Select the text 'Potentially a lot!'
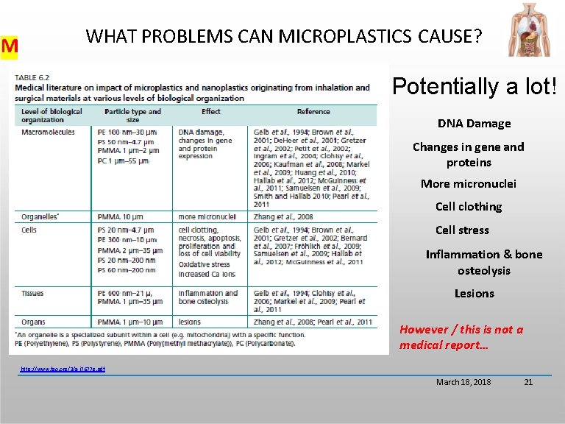coord(475,86)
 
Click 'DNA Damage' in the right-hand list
coord(474,124)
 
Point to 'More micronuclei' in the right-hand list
coord(469,183)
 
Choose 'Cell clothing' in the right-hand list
coord(469,207)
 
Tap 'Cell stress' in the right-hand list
coord(462,230)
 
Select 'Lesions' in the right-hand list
coord(474,294)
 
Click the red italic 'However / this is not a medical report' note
coord(461,337)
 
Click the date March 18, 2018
coord(463,382)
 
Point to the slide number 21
coord(527,382)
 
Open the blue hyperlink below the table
coord(63,368)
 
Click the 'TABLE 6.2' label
coord(33,77)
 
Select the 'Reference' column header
coord(313,112)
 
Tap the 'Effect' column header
coord(210,112)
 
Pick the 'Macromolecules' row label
coord(49,132)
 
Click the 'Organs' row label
coord(34,322)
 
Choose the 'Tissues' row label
coord(33,294)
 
